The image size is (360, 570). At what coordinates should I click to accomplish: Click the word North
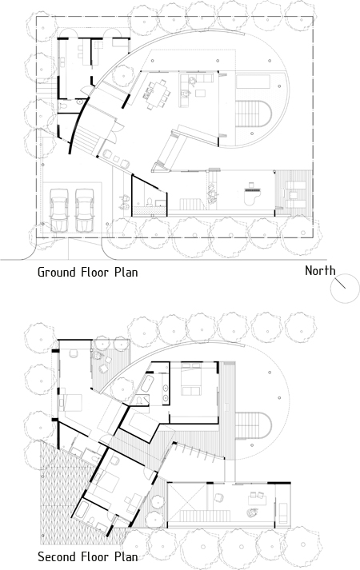(x=320, y=270)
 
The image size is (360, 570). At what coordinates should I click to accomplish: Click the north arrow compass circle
(x=345, y=289)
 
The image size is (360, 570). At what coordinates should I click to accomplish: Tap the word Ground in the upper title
(x=56, y=272)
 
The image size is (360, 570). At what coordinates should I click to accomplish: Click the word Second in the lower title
(x=56, y=556)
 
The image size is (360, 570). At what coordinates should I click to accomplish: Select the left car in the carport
(x=59, y=209)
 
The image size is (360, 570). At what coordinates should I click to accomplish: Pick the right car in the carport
(x=85, y=209)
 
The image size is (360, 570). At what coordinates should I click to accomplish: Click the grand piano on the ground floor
(x=251, y=193)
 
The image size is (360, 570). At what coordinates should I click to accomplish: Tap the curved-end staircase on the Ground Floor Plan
(x=253, y=114)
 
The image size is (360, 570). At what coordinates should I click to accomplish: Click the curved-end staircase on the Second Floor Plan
(x=253, y=425)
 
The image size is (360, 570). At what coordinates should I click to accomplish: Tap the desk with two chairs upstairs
(x=258, y=498)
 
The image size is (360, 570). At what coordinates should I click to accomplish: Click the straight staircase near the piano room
(x=193, y=204)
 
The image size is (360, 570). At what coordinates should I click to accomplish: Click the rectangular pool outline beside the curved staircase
(x=253, y=82)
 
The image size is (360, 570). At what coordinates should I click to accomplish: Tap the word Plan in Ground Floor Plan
(x=126, y=272)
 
